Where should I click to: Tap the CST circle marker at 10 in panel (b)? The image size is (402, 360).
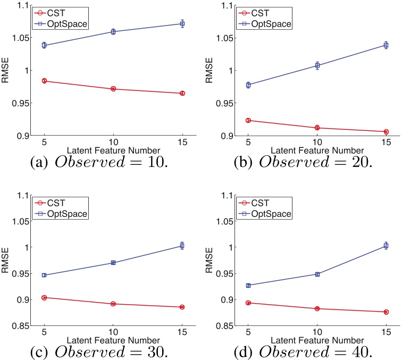[x=317, y=128]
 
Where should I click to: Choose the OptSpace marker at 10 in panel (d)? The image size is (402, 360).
[x=317, y=274]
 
